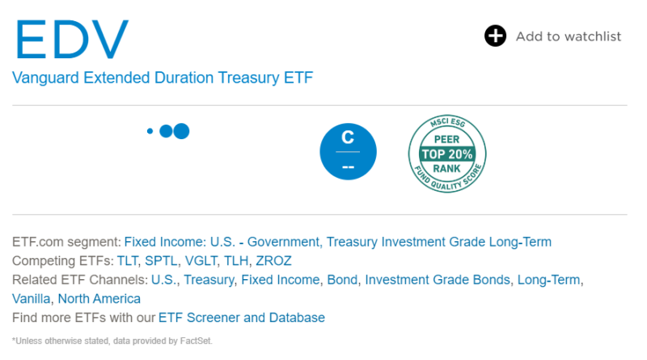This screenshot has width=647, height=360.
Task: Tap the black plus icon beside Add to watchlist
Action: (x=495, y=36)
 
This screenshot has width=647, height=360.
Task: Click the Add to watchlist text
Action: (x=569, y=36)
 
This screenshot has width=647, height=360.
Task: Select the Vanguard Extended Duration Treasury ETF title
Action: (x=162, y=78)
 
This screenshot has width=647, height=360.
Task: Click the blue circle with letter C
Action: (x=348, y=151)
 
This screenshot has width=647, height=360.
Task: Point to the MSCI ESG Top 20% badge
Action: (x=447, y=152)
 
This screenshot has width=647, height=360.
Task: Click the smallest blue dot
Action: (x=150, y=131)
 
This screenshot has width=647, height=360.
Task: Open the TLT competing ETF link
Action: (x=128, y=260)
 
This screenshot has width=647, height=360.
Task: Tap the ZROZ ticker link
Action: (x=273, y=260)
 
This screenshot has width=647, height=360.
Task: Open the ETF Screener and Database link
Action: (x=241, y=317)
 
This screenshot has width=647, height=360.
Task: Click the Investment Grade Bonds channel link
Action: (x=437, y=280)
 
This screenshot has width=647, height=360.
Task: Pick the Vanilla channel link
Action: (x=32, y=299)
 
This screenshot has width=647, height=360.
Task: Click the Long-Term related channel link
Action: (x=549, y=280)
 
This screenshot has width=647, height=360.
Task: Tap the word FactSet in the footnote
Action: (x=195, y=341)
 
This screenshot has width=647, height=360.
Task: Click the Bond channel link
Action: (x=342, y=280)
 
